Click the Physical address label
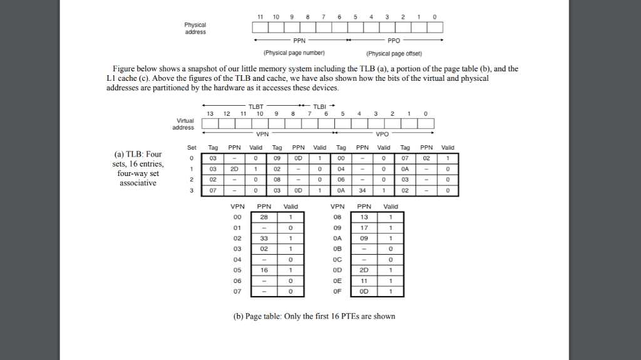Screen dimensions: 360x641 click(195, 28)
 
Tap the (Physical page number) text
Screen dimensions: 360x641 click(294, 53)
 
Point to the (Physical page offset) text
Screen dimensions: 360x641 click(394, 53)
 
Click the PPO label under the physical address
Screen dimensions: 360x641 click(393, 40)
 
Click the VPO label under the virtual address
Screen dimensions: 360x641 click(382, 134)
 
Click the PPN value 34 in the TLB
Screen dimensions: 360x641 click(362, 190)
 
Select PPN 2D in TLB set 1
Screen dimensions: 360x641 click(234, 168)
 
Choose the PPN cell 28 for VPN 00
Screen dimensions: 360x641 click(264, 217)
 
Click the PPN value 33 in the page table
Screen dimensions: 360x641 click(264, 238)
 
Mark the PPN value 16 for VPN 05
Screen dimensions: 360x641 click(264, 270)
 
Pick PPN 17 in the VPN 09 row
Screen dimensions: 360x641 click(364, 227)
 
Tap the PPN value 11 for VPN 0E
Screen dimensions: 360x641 click(364, 280)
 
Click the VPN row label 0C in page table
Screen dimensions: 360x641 click(337, 259)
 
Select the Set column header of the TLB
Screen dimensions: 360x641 click(192, 148)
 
